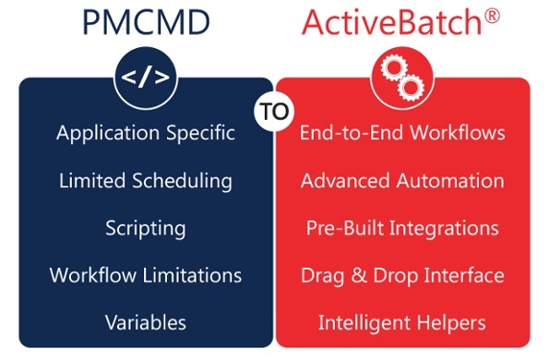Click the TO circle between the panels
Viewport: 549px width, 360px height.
click(x=274, y=111)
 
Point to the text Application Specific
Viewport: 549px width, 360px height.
click(x=145, y=133)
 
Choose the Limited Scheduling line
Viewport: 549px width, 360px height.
click(x=145, y=181)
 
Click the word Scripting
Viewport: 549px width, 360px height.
click(x=145, y=228)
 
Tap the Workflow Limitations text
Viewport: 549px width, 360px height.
click(x=145, y=275)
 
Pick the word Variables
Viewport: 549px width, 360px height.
click(x=145, y=322)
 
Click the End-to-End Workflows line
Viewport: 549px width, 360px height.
click(x=402, y=133)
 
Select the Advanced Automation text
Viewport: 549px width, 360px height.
click(x=402, y=181)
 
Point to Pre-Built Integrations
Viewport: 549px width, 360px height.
click(x=402, y=228)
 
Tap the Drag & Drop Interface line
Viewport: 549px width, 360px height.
click(x=402, y=275)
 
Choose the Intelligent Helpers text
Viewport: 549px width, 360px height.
click(x=402, y=322)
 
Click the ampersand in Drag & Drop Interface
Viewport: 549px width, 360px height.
click(x=353, y=275)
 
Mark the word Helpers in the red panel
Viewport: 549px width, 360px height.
click(x=451, y=322)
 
